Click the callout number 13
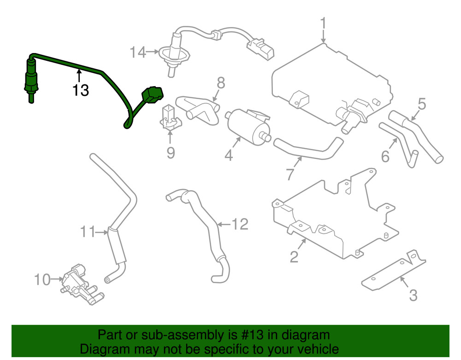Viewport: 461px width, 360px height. click(80, 90)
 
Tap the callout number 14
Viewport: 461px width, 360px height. click(137, 53)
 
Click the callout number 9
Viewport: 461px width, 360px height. click(171, 153)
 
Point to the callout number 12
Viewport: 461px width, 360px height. click(240, 224)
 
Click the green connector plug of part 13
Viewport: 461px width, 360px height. click(152, 95)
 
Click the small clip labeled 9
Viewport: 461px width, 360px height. click(170, 118)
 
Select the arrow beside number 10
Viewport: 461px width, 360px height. click(58, 278)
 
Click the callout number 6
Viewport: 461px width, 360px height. click(385, 157)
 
